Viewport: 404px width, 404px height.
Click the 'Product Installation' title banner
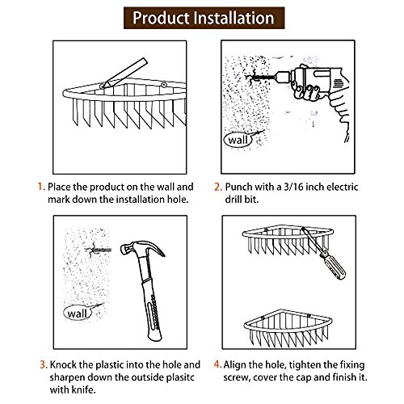pos(204,18)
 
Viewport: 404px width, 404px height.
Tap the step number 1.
pos(41,187)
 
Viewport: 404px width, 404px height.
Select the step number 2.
pos(218,187)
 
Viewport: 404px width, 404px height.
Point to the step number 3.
pos(44,364)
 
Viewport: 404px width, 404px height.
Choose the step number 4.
pos(217,364)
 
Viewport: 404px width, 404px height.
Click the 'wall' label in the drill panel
pos(238,140)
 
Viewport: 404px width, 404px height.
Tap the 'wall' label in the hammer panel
pos(78,314)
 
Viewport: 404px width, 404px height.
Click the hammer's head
pos(141,248)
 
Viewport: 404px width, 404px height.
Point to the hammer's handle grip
pos(153,309)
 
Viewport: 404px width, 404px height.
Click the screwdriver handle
pos(333,265)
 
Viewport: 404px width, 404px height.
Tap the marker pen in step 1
pos(124,73)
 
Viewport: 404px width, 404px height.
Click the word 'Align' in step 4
pos(234,365)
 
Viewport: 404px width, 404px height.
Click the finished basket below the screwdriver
pos(288,330)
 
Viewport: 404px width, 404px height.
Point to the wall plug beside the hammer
pos(99,250)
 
